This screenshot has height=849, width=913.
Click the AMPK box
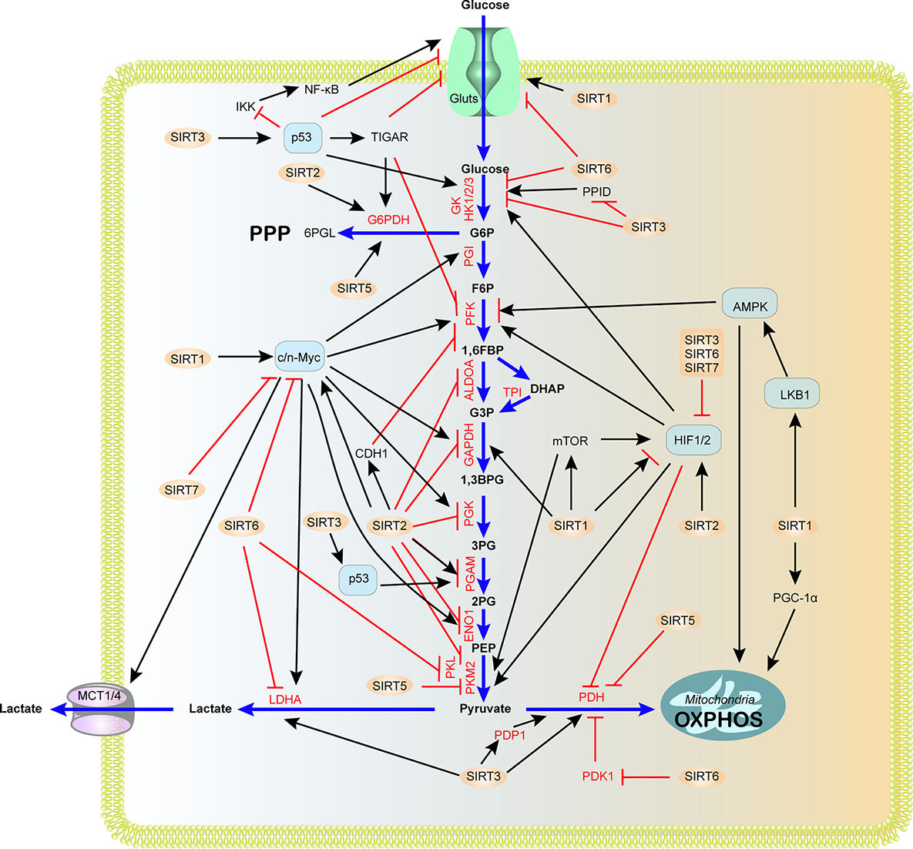[750, 306]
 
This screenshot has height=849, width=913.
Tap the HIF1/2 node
[692, 440]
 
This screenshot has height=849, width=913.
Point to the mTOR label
[570, 441]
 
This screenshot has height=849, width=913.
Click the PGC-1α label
[795, 597]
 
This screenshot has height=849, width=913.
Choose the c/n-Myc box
[300, 357]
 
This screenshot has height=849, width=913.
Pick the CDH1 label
[371, 454]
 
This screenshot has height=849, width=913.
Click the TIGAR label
[389, 137]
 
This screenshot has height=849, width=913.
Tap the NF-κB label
[321, 89]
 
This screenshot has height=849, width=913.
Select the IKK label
[245, 107]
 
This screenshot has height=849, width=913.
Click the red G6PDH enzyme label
[388, 220]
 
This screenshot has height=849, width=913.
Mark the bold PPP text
[270, 233]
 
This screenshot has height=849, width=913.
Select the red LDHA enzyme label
[284, 700]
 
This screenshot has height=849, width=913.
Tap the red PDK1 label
[598, 777]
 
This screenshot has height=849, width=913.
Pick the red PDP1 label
[509, 735]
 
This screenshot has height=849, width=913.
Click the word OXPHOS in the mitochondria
[719, 720]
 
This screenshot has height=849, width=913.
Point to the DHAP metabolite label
[547, 389]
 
